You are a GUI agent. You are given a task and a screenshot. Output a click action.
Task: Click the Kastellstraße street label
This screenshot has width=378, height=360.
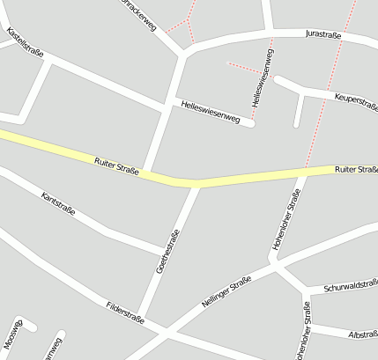click(24, 40)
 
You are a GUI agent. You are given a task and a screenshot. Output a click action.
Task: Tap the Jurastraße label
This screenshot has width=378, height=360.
click(322, 33)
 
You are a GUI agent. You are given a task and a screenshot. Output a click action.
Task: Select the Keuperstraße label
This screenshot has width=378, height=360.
click(357, 100)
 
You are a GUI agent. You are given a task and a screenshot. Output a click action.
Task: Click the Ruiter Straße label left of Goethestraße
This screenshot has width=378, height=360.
click(115, 165)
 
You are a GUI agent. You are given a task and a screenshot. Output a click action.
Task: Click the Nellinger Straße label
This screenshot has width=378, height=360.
click(226, 291)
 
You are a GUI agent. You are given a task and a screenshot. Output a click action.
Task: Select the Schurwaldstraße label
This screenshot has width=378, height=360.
click(351, 286)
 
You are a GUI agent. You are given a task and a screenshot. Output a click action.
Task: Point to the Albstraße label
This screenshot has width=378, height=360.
click(363, 335)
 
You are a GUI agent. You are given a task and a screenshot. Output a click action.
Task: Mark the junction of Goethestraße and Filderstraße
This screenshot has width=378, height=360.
click(142, 320)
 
